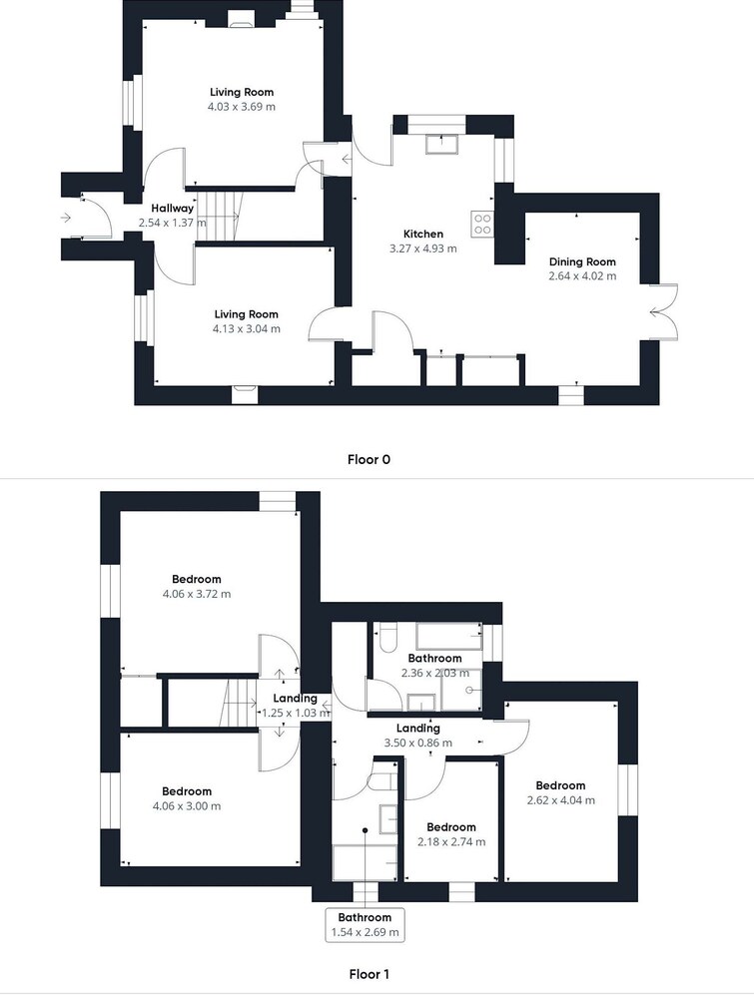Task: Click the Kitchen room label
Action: coord(423,234)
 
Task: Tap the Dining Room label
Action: coord(582,261)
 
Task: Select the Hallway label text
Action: coord(173,209)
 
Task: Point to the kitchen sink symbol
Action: coord(442,144)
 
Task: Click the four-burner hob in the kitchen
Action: coord(482,224)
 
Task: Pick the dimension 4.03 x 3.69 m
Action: coord(242,107)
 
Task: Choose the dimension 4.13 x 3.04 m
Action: coord(247,329)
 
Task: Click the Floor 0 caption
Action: coord(369,459)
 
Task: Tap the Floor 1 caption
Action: coord(369,974)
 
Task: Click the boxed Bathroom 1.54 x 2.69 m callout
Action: coord(365,925)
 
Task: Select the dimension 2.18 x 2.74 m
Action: coord(451,842)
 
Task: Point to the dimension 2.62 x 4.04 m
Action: coord(561,800)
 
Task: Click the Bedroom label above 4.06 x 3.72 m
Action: coord(197,579)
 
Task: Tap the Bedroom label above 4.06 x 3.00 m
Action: coord(187,791)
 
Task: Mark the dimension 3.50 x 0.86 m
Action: coord(418,743)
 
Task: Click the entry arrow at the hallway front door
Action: coord(66,219)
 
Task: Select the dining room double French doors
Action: coord(662,311)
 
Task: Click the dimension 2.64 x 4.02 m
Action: coord(582,276)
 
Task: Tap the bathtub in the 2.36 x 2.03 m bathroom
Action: coord(449,636)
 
